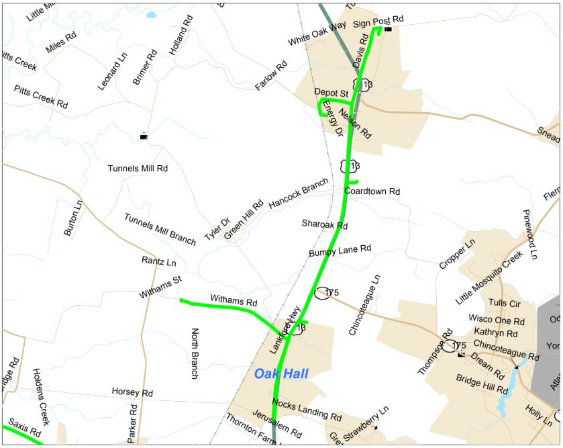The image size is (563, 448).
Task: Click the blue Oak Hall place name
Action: point(280,374)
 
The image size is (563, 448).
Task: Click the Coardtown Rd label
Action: point(372,192)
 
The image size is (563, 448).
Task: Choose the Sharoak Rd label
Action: point(325,224)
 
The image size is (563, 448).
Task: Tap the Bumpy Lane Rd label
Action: point(340,251)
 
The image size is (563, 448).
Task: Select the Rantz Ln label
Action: point(158,261)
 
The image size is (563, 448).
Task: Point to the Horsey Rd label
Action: point(132,392)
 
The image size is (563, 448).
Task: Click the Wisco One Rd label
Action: point(495,320)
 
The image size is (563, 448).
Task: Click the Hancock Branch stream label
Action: point(299,193)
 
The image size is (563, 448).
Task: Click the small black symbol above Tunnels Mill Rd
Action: point(143,136)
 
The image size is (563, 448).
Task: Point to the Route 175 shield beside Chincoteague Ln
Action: point(323,293)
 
